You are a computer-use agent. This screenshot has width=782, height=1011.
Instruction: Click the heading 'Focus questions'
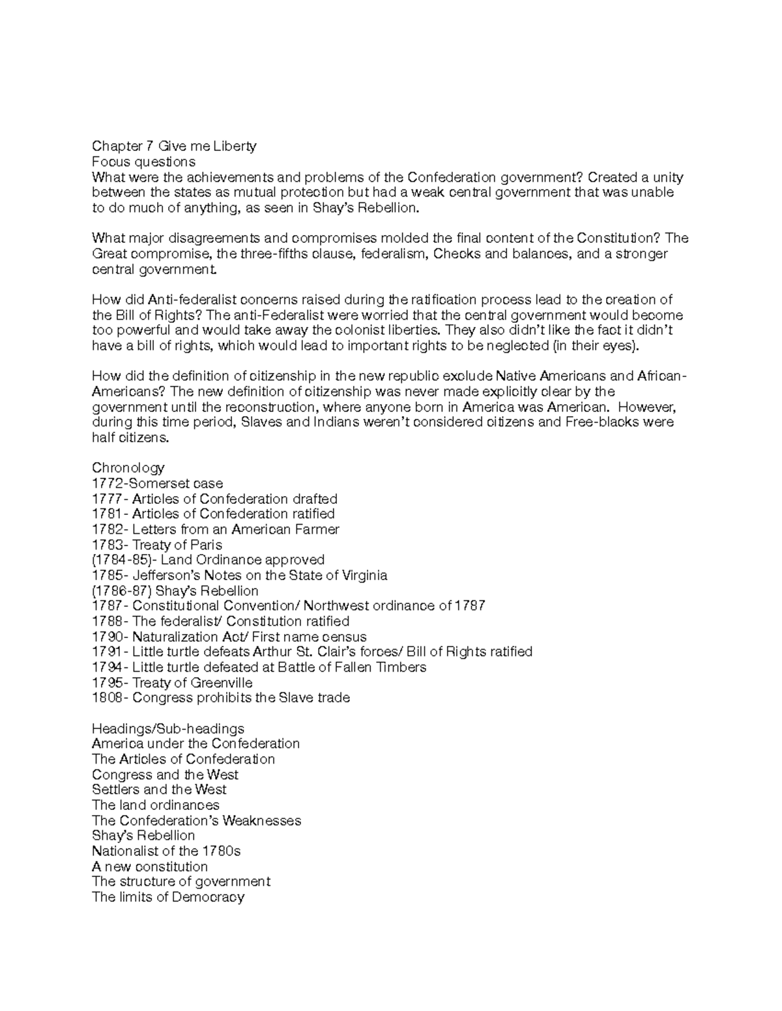tap(143, 161)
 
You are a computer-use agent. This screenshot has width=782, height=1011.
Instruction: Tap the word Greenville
tap(222, 683)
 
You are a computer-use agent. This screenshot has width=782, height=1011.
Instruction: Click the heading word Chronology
tap(128, 468)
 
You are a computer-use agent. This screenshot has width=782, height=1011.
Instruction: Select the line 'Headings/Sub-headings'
tap(168, 728)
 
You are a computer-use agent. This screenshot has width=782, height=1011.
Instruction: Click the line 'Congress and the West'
tap(165, 775)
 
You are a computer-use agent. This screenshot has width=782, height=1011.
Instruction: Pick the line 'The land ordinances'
tap(156, 805)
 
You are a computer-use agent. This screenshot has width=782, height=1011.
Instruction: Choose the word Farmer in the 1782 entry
tap(316, 529)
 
